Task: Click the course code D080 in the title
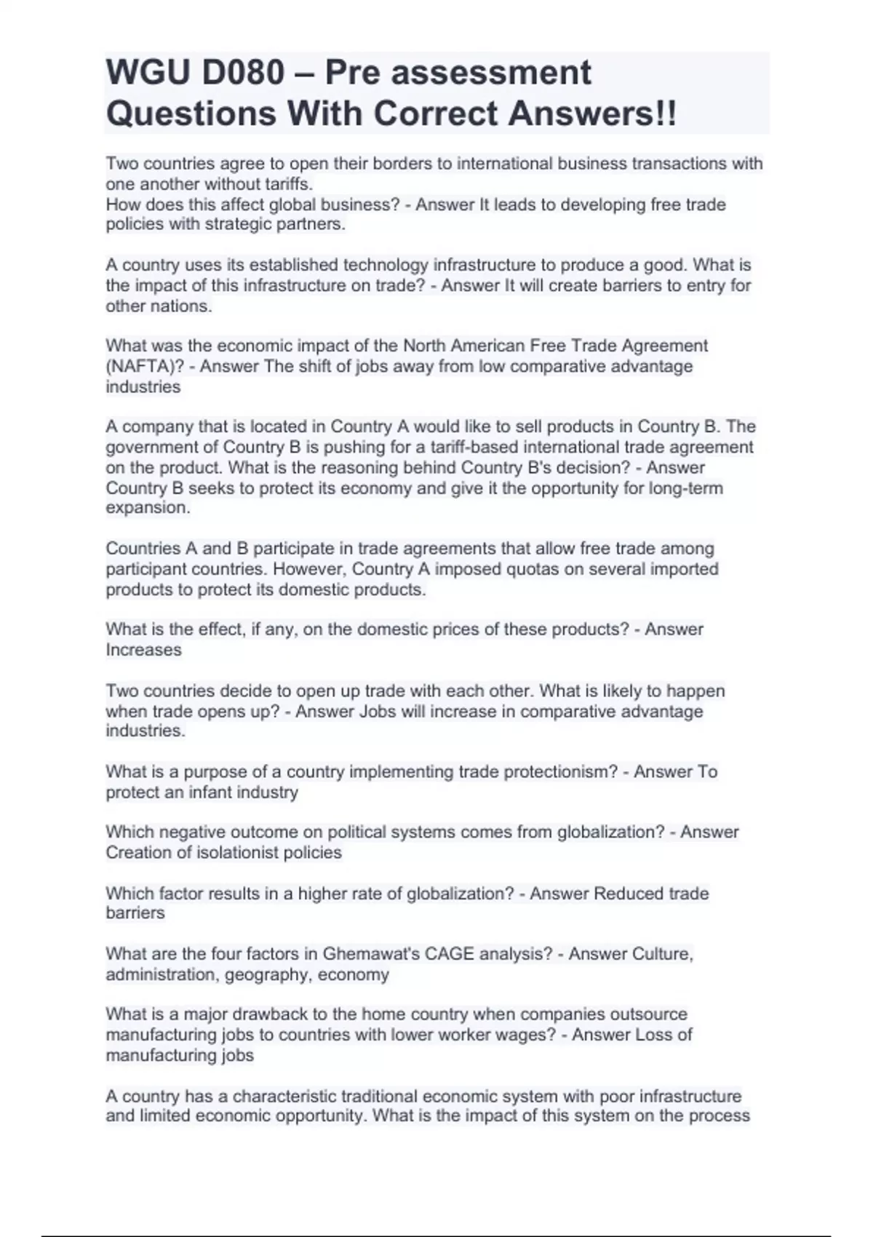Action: pos(244,73)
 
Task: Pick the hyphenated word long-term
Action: pos(687,488)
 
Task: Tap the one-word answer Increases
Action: pos(143,650)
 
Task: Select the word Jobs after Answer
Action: pos(378,711)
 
